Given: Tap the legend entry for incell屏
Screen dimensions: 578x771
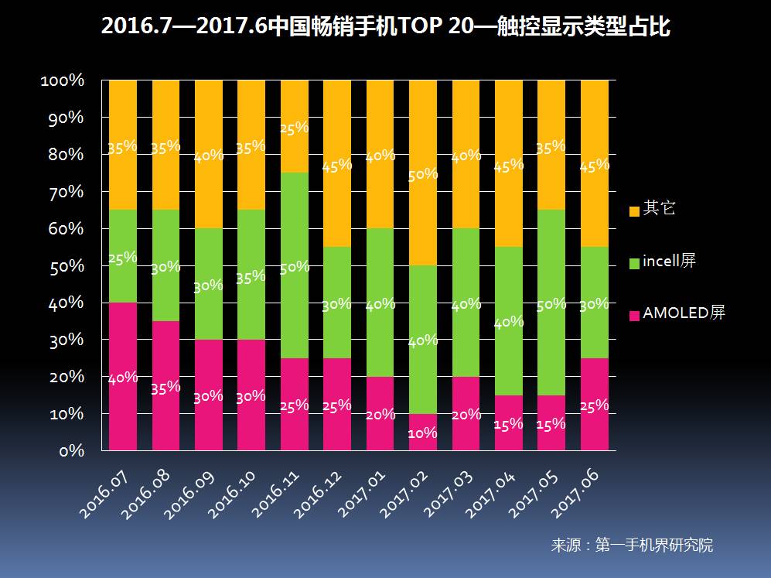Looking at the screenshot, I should pos(670,262).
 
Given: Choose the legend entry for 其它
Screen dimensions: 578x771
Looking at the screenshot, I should pos(658,209).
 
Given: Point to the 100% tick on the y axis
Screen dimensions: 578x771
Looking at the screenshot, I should pos(62,80).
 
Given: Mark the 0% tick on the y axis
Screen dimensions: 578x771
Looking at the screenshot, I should pos(70,450).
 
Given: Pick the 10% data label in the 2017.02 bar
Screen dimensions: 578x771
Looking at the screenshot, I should pos(423,433).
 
